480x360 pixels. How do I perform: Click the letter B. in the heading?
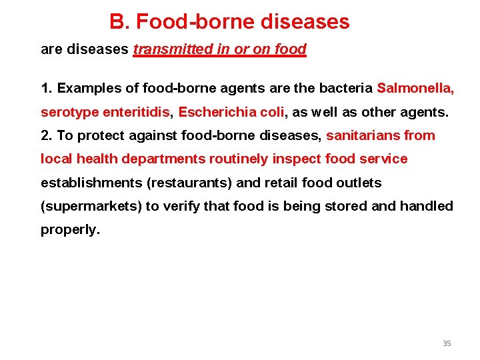[x=119, y=22]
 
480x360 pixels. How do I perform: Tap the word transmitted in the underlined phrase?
[x=170, y=49]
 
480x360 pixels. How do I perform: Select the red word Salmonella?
[x=415, y=88]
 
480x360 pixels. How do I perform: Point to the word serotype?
[x=69, y=112]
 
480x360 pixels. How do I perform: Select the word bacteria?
[x=349, y=88]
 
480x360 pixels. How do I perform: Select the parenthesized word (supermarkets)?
[x=91, y=206]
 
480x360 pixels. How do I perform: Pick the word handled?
[x=427, y=206]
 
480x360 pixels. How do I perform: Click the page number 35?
[x=447, y=343]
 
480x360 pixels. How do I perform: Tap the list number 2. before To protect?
[x=47, y=135]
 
